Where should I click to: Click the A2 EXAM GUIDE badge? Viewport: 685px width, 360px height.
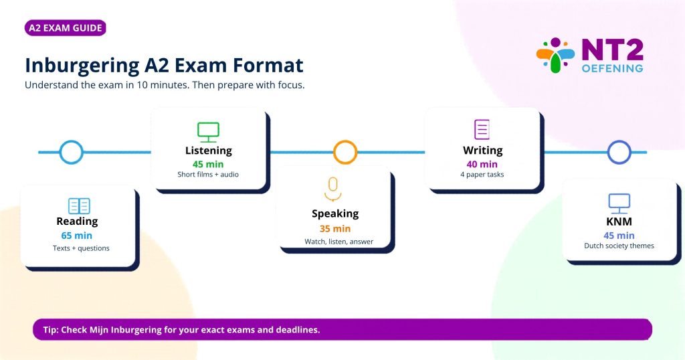tap(66, 28)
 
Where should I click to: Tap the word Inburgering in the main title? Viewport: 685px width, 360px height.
tap(82, 66)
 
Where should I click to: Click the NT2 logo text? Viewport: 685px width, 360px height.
tap(613, 50)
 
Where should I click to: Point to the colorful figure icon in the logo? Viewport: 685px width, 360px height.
tap(555, 56)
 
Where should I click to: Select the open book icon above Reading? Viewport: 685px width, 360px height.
tap(79, 206)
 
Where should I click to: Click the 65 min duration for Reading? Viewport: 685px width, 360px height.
tap(76, 236)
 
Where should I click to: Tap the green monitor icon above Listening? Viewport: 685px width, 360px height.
tap(208, 132)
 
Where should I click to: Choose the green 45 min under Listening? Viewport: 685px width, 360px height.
tap(208, 164)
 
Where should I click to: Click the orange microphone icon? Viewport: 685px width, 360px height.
tap(333, 189)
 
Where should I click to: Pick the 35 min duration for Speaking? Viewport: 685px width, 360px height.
tap(335, 228)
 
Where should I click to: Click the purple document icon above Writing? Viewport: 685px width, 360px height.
tap(482, 129)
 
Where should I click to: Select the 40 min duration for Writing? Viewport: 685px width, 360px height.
tap(482, 164)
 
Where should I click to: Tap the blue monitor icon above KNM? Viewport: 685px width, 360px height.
tap(619, 203)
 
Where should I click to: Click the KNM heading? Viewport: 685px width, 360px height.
tap(619, 221)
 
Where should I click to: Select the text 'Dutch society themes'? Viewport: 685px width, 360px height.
tap(619, 246)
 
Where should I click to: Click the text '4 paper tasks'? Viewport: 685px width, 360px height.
tap(482, 175)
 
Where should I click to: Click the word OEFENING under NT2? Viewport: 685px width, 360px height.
tap(613, 68)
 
